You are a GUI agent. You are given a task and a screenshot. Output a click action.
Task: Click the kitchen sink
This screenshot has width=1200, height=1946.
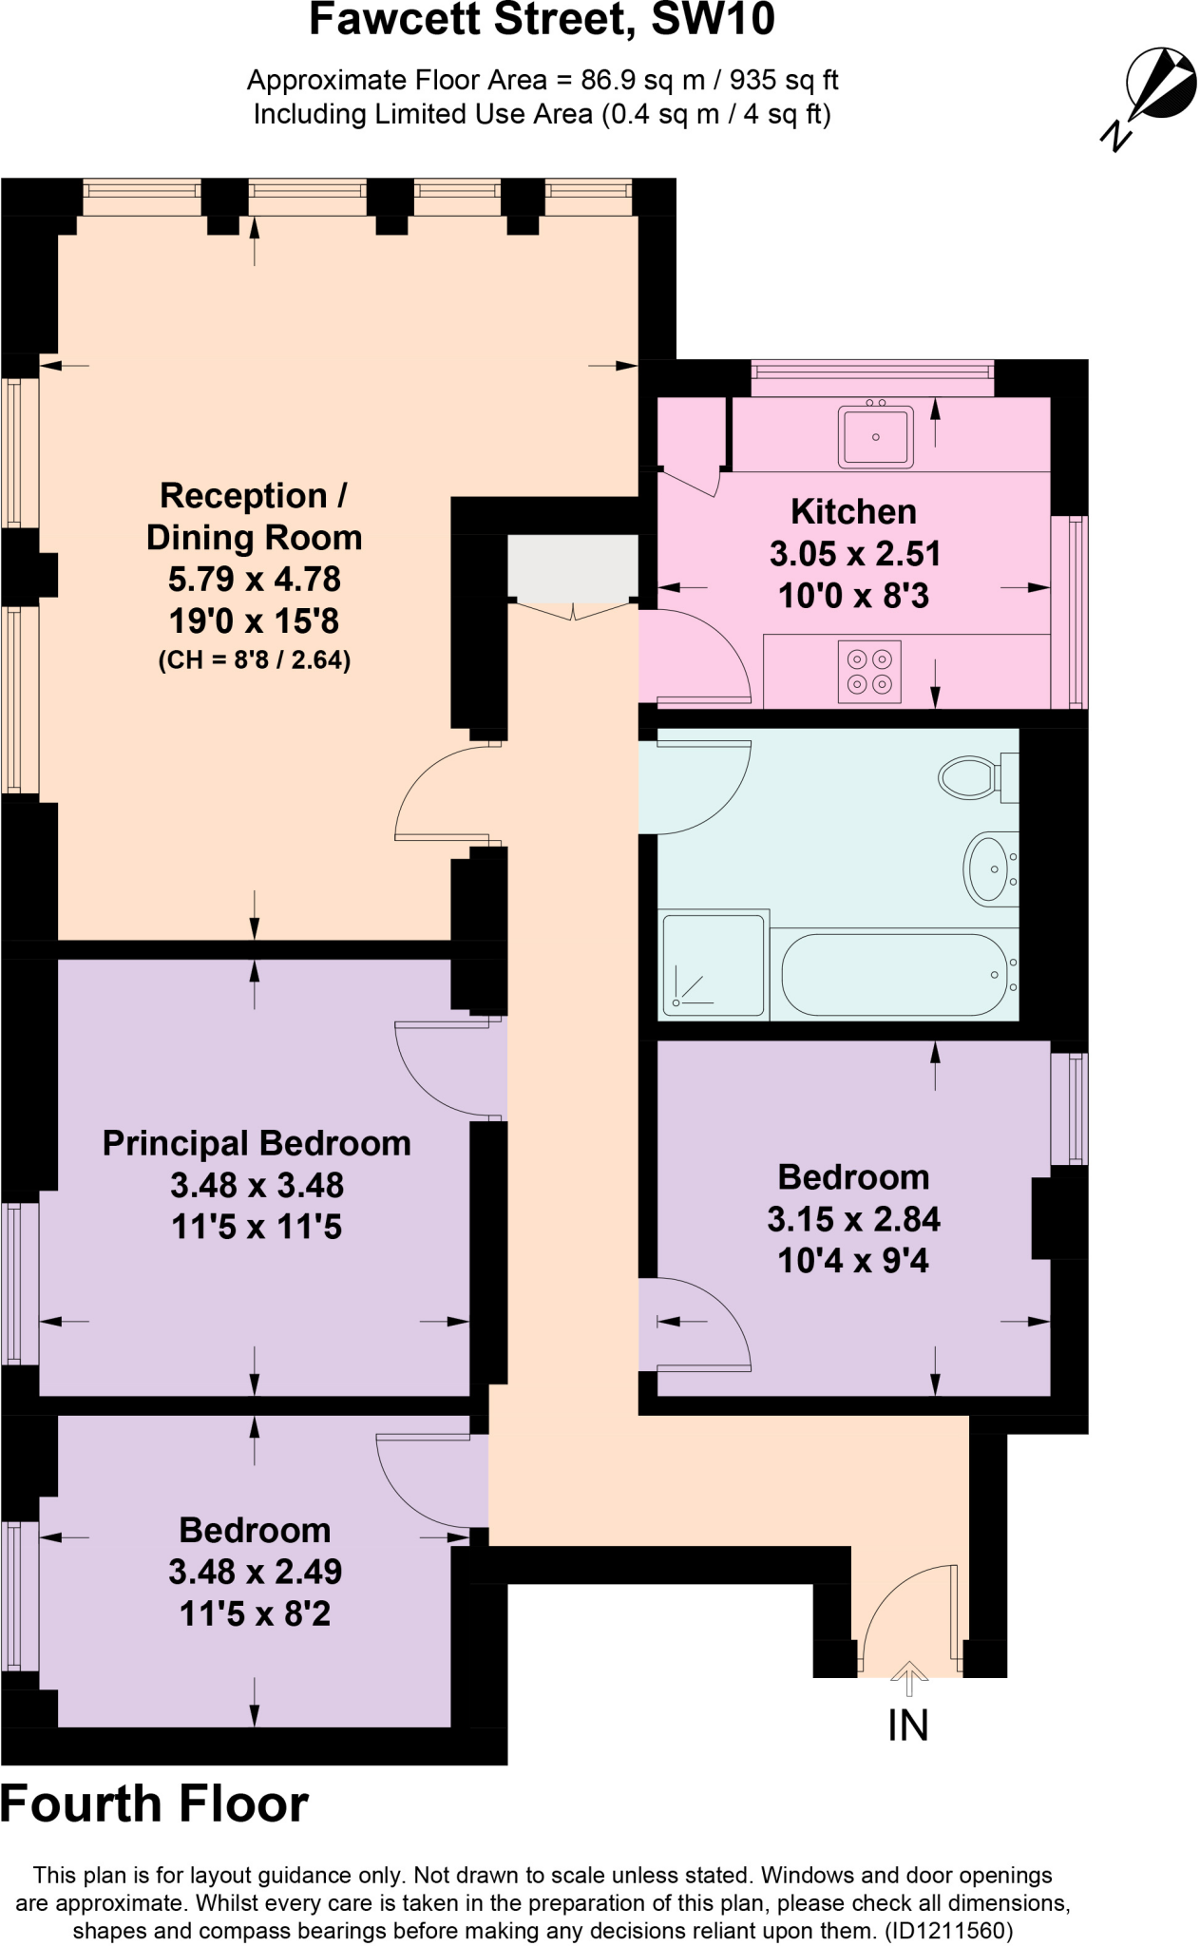click(875, 436)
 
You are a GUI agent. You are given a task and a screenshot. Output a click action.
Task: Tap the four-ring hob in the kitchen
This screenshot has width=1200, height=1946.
click(869, 671)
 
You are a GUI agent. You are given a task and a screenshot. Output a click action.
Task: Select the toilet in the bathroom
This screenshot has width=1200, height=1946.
click(971, 777)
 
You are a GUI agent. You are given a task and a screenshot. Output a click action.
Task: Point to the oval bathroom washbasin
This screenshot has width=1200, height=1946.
click(988, 868)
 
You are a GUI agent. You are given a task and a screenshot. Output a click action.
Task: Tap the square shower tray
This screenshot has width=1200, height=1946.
click(714, 965)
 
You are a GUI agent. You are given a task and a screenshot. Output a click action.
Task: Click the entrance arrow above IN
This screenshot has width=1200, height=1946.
click(909, 1677)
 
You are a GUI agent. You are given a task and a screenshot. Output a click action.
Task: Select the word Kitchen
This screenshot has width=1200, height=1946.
click(853, 512)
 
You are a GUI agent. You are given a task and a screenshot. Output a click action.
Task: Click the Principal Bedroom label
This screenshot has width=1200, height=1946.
click(257, 1143)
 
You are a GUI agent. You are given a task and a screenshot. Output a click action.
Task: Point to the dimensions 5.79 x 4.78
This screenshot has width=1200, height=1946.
click(255, 580)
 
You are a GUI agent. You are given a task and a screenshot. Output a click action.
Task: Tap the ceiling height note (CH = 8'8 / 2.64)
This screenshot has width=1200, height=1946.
click(255, 659)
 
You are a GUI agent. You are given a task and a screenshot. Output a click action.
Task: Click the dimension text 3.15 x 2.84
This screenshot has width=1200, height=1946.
click(853, 1219)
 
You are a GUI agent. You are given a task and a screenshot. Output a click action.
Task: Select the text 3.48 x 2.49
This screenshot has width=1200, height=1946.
click(255, 1572)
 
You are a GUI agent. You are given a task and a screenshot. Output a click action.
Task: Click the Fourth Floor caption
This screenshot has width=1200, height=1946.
click(155, 1803)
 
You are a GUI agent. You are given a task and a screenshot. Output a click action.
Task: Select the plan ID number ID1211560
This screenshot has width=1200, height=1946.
click(948, 1931)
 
